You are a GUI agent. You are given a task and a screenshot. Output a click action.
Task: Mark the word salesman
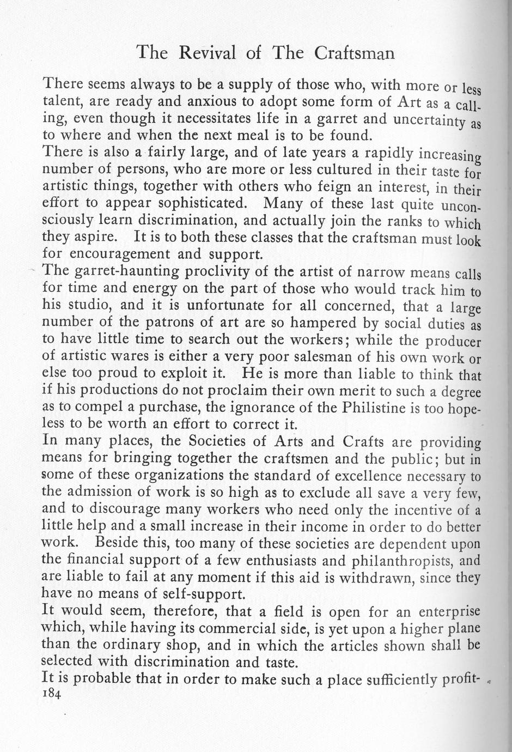[x=325, y=357]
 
